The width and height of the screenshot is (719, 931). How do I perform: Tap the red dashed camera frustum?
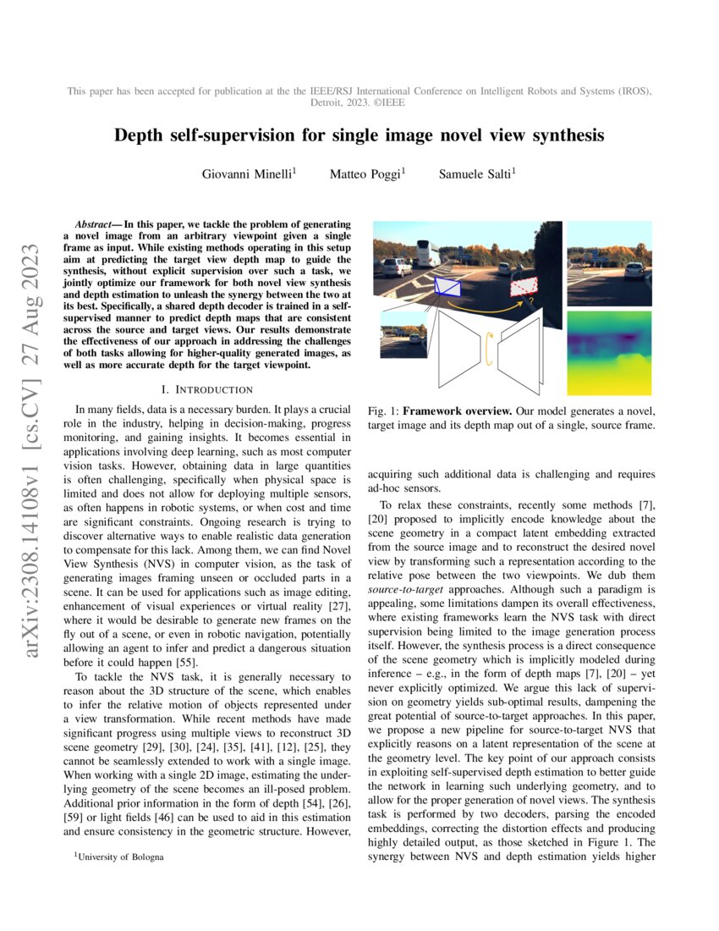pos(524,288)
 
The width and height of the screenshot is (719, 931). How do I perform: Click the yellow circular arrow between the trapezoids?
pos(487,349)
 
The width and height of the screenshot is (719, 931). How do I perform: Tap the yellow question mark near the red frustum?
pos(530,301)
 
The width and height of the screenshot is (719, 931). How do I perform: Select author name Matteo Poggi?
pos(367,175)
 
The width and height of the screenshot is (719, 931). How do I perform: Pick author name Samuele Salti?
pos(476,175)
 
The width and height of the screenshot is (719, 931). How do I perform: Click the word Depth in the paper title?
pos(140,135)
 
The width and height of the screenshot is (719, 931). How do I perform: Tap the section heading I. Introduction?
pos(207,389)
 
